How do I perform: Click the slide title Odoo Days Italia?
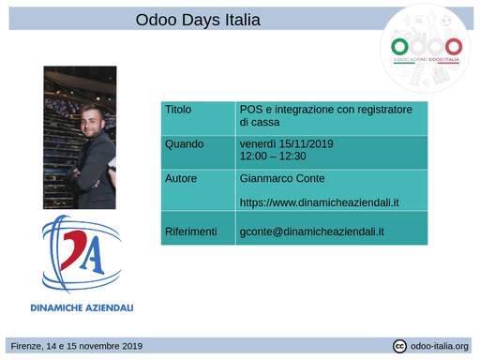198,20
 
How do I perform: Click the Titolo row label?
178,110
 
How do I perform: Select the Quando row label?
184,143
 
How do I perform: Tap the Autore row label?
180,177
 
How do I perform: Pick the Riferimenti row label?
191,231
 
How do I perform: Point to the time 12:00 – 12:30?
273,157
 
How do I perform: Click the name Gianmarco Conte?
282,177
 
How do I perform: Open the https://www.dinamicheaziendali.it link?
320,202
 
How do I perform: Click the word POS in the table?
251,110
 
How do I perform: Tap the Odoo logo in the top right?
426,47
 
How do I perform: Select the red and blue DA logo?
81,254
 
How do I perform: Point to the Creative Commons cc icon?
399,346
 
